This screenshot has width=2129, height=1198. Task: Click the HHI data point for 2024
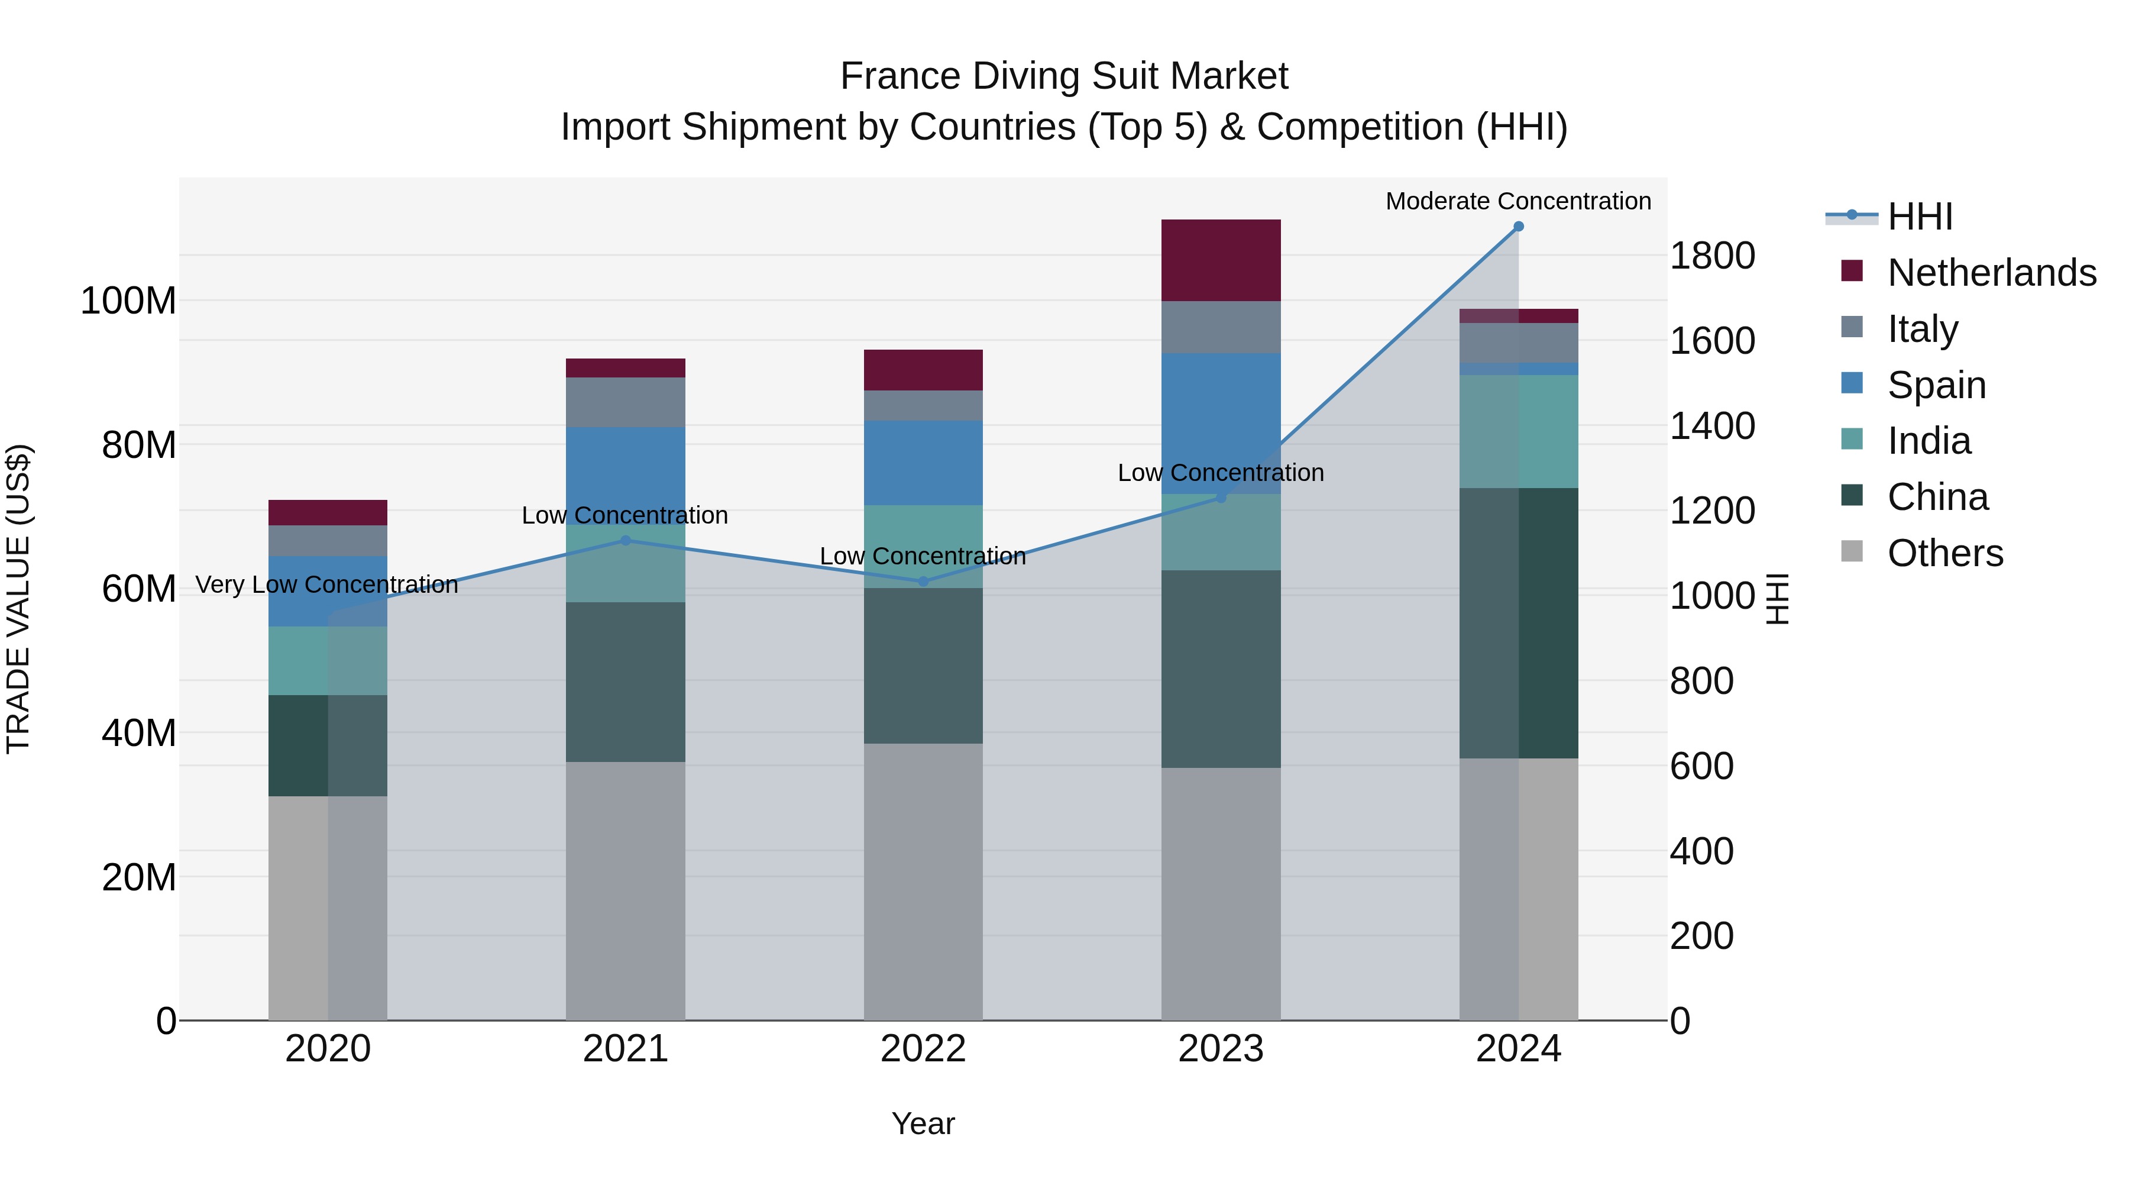coord(1518,227)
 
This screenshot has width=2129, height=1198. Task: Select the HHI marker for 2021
coord(626,541)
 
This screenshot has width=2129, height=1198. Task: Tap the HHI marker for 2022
coord(923,581)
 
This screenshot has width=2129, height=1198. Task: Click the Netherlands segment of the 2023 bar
coord(1221,260)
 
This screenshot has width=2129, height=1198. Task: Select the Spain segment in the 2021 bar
coord(626,476)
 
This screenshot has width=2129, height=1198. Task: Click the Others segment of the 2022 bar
coord(923,881)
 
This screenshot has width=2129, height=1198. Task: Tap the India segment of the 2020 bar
coord(328,661)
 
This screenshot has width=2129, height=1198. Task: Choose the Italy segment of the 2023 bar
coord(1221,327)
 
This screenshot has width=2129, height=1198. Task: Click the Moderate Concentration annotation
coord(1518,201)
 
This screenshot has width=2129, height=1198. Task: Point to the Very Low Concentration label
coord(326,585)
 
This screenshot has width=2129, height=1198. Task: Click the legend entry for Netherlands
coord(1992,273)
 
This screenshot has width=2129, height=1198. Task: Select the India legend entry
coord(1929,441)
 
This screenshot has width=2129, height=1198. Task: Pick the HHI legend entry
coord(1920,217)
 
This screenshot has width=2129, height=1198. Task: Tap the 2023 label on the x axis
coord(1221,1049)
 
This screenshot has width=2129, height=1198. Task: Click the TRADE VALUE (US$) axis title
coord(18,599)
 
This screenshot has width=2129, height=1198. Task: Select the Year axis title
coord(923,1123)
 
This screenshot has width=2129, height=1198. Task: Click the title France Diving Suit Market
coord(1064,76)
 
